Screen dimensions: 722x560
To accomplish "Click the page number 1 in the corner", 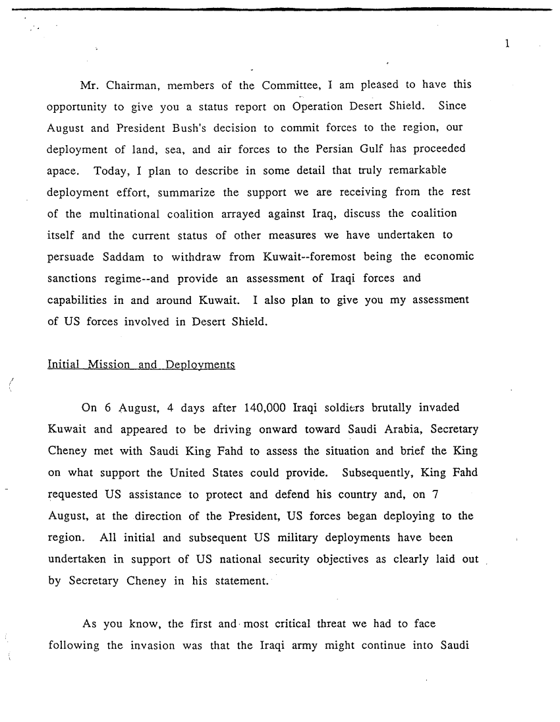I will (506, 44).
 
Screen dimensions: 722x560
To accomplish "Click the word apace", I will (63, 171).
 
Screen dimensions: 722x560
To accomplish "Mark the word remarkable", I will (416, 170).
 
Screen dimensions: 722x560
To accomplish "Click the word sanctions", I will (72, 278).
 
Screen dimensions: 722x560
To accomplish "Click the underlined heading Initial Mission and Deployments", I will (141, 364).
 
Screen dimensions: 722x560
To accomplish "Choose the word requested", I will (74, 494).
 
